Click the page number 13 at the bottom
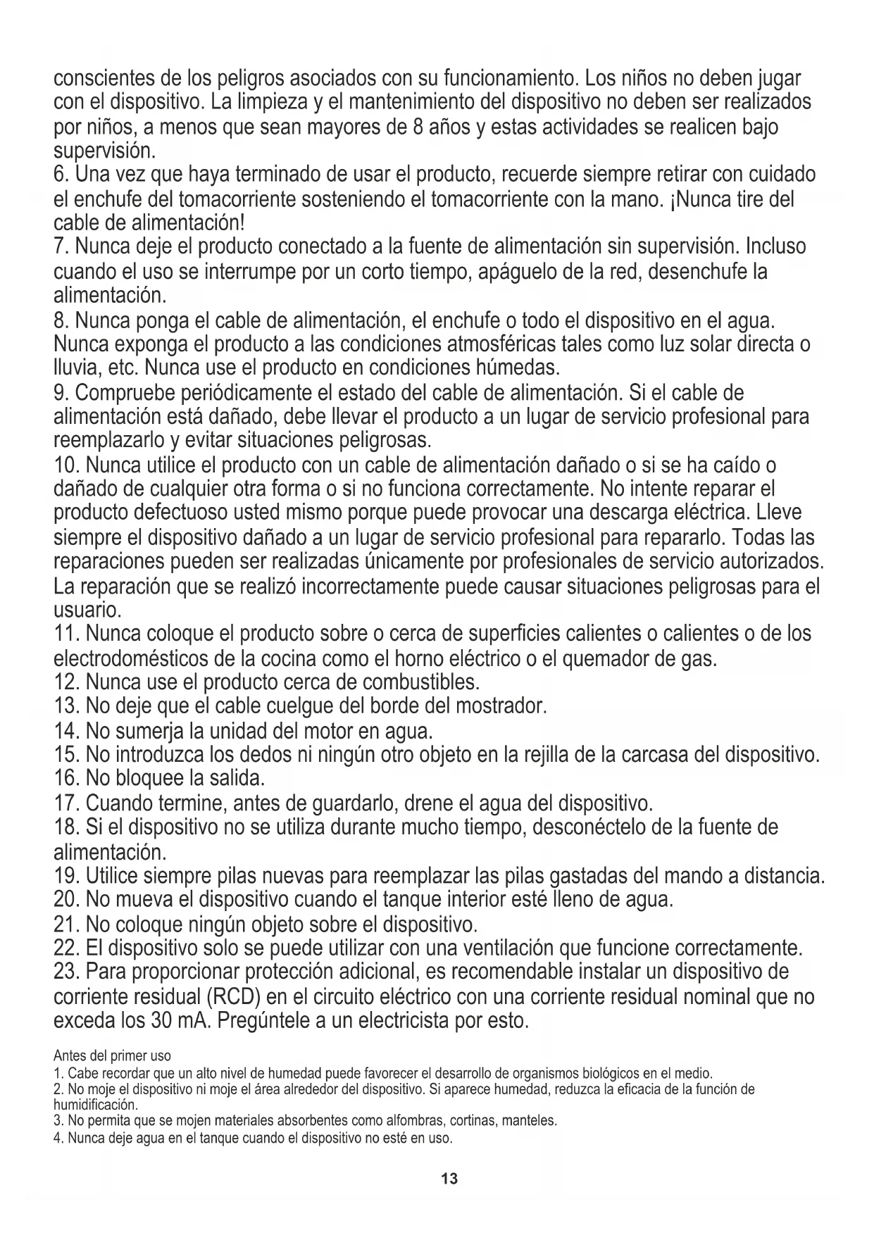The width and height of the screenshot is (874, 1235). pos(449,1179)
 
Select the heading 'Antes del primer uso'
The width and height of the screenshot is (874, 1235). pos(112,1056)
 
